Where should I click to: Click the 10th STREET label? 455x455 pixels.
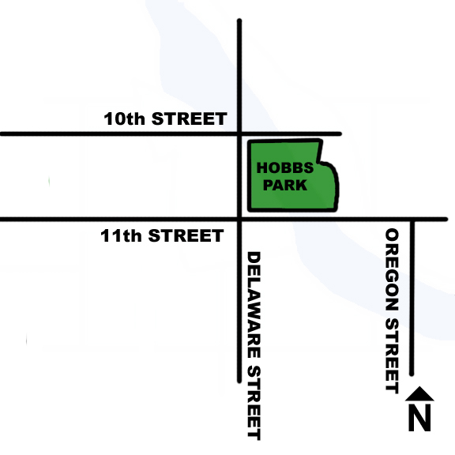point(165,119)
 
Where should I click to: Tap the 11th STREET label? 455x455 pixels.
point(162,235)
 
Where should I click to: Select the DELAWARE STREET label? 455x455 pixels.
point(254,345)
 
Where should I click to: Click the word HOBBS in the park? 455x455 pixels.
point(284,168)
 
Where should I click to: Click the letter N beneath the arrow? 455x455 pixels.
point(419,417)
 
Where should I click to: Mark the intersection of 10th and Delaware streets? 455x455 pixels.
point(239,134)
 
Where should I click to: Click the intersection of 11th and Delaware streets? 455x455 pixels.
point(239,219)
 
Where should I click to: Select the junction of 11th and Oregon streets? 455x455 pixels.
point(412,219)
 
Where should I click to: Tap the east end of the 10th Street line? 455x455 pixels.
point(340,134)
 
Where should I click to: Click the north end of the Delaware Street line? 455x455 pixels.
point(239,21)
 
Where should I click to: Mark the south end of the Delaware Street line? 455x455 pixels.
point(239,381)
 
